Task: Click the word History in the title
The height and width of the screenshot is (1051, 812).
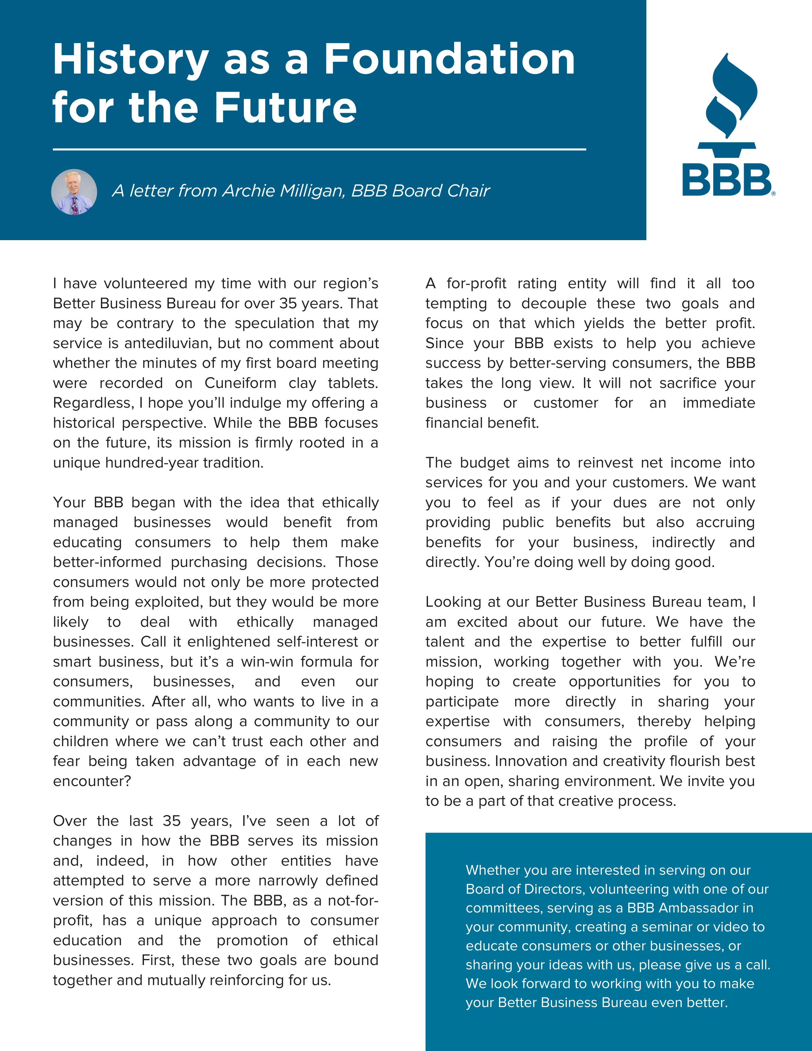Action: [130, 61]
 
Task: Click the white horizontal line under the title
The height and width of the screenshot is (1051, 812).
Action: [319, 150]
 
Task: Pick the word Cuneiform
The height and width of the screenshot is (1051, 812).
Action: [240, 383]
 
